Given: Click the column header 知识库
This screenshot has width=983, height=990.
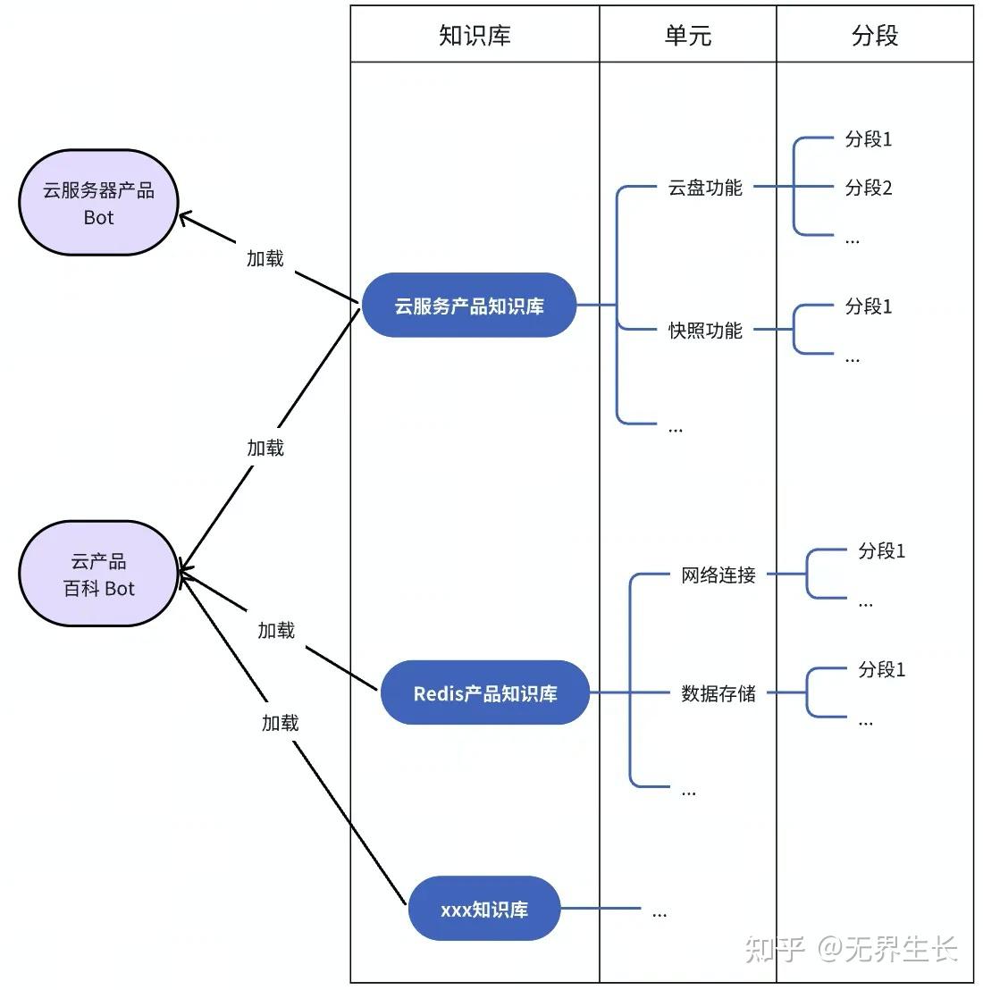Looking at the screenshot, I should tap(475, 35).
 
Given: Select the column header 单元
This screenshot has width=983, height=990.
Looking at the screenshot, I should tap(687, 35).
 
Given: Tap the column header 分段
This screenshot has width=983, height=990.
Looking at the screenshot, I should tap(874, 35).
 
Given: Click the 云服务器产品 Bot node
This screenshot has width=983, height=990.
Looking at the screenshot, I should tap(99, 203).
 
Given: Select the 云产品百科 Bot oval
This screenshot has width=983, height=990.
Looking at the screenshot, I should tap(99, 575).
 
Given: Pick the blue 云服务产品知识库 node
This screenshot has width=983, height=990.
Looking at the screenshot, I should tap(469, 306).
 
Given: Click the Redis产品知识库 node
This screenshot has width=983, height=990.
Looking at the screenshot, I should tap(484, 693).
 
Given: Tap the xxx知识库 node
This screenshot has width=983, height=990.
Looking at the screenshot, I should tap(483, 910).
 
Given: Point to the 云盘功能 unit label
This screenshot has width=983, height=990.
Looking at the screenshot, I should tap(705, 188).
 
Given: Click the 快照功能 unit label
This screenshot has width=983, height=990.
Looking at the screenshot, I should tap(705, 331).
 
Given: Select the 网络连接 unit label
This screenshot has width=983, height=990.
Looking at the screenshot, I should tap(718, 575).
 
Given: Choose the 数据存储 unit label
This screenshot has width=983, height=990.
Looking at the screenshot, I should tap(718, 693).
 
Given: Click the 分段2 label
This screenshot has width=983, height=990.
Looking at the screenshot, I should tap(869, 188).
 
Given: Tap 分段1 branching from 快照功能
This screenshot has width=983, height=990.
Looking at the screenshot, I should tap(869, 306).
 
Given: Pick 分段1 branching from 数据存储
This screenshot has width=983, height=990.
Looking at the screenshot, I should tap(881, 669).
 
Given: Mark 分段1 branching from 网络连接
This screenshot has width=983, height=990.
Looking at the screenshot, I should tap(881, 551).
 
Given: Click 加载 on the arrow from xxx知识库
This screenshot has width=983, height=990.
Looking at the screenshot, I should tap(280, 723).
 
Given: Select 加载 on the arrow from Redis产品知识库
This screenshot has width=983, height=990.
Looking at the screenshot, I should tap(276, 631).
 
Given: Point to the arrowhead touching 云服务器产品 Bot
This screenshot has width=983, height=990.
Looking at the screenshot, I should tap(184, 216).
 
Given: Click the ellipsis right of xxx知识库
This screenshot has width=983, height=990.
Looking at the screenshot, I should tap(660, 913).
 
